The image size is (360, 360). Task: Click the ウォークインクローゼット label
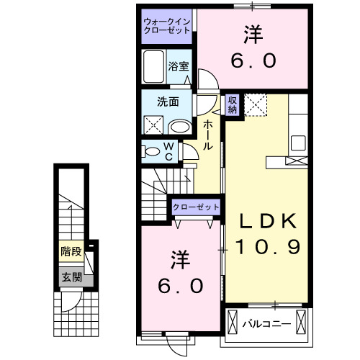click(166, 26)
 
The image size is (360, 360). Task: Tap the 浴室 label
click(179, 66)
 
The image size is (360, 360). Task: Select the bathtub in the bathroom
click(153, 68)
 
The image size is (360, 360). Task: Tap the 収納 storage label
click(233, 104)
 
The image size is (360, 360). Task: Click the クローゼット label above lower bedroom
click(196, 207)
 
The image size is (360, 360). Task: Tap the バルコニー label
click(266, 323)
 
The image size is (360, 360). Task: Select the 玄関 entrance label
click(71, 277)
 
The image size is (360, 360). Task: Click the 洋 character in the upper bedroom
click(253, 34)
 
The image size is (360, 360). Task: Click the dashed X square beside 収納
click(256, 105)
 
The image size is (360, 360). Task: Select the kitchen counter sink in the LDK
click(298, 140)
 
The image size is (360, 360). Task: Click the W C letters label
click(167, 151)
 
